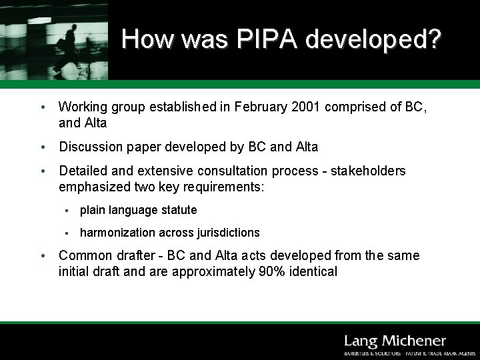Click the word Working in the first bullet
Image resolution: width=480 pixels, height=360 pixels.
tap(83, 107)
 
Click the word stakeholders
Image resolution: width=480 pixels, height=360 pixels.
tap(370, 171)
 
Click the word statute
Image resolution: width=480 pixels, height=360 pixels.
tap(179, 210)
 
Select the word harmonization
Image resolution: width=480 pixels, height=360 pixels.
tap(117, 233)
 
